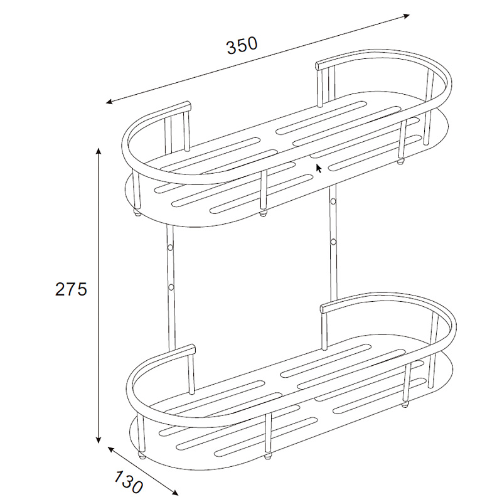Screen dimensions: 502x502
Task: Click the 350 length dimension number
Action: tap(242, 46)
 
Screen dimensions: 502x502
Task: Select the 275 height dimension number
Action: tap(71, 289)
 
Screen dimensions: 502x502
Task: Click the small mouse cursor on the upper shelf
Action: tap(319, 168)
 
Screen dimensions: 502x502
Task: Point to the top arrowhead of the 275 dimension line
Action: tap(99, 151)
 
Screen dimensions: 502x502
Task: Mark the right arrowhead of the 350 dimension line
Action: tap(406, 16)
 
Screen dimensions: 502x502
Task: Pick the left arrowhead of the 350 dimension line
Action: tap(110, 102)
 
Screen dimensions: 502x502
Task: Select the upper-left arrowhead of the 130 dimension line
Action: tap(112, 449)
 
